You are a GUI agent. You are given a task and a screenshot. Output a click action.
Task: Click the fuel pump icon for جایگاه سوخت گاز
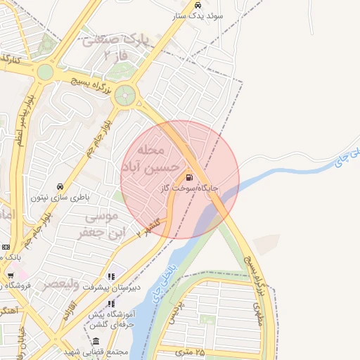188,176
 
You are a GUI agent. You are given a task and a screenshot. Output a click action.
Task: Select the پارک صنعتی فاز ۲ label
115,46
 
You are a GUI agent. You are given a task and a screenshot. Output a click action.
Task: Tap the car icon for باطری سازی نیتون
60,187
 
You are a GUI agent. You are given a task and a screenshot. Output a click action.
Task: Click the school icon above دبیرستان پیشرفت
110,277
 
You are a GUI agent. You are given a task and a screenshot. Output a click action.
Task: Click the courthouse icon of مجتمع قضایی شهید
96,341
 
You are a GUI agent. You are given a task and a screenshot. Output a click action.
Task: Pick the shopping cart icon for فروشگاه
10,275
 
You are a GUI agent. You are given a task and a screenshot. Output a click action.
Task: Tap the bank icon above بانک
6,247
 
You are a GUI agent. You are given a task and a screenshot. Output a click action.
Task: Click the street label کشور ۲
150,224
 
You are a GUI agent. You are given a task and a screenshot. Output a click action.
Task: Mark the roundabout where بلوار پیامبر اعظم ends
45,72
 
